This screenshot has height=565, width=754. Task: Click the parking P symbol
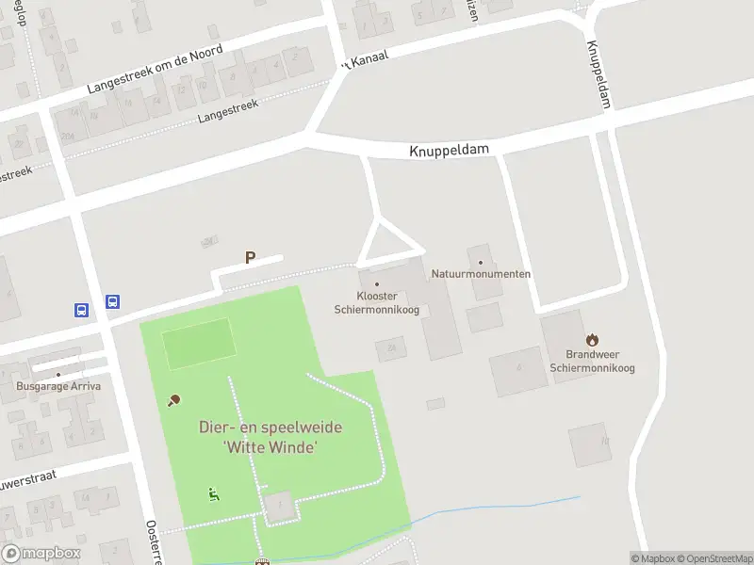251,256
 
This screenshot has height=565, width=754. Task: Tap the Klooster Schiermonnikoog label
376,302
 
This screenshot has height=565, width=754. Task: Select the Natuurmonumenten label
481,274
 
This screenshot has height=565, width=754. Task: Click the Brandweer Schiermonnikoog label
592,361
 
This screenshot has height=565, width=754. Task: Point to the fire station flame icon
592,339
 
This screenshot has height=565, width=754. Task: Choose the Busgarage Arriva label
58,386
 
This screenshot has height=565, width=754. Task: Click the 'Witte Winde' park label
270,438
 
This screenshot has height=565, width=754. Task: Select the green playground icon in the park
214,492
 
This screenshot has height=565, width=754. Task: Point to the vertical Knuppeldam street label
598,75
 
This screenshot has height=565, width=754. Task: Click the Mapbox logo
41,554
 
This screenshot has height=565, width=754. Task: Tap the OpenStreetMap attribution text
714,558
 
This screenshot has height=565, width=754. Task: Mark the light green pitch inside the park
198,344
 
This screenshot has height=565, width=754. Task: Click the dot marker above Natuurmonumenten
481,263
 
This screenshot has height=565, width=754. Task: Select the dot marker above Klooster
377,283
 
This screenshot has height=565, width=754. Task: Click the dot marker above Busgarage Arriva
58,375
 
